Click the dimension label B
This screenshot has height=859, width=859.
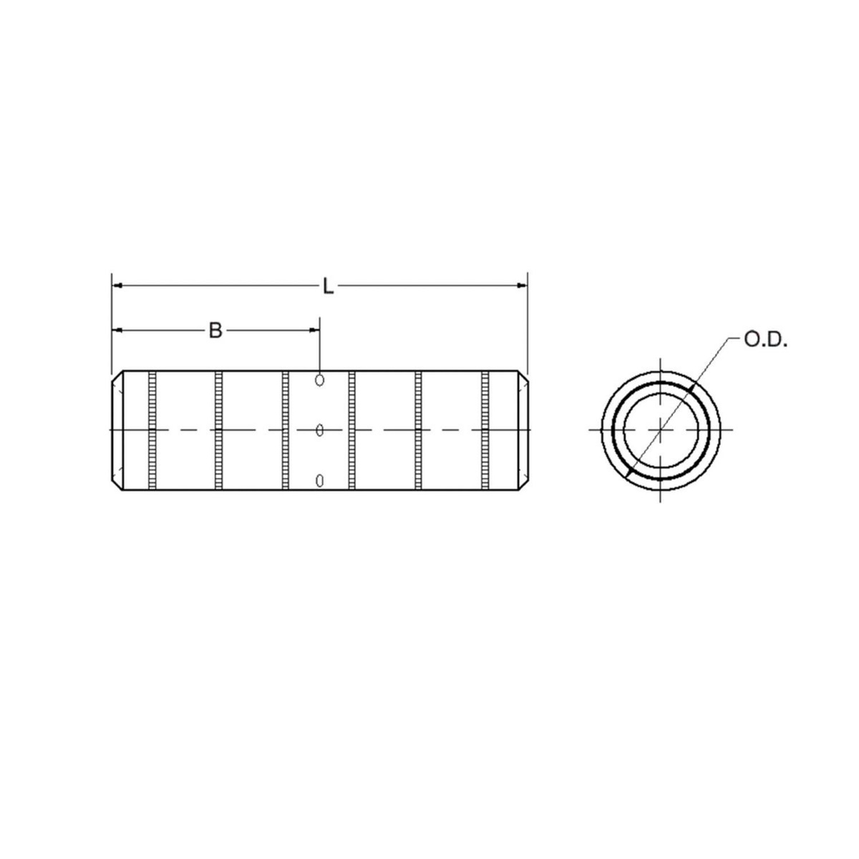pos(215,331)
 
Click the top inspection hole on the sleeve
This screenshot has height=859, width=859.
pos(319,379)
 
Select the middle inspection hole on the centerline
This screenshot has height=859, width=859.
pos(319,429)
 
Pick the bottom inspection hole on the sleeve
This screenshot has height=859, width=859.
pos(319,480)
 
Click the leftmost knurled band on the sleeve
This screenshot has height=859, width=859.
pos(152,429)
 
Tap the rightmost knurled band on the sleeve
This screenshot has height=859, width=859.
pos(486,429)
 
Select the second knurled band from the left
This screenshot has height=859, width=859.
pos(219,429)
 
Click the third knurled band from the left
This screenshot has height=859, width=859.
pos(286,429)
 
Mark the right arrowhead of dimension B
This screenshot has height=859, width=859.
pos(314,330)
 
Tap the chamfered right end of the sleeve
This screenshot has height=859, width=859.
pos(522,429)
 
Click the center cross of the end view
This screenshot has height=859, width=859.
pos(660,429)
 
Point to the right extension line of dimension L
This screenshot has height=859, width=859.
pos(528,322)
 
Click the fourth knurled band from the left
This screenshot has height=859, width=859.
pos(352,429)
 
